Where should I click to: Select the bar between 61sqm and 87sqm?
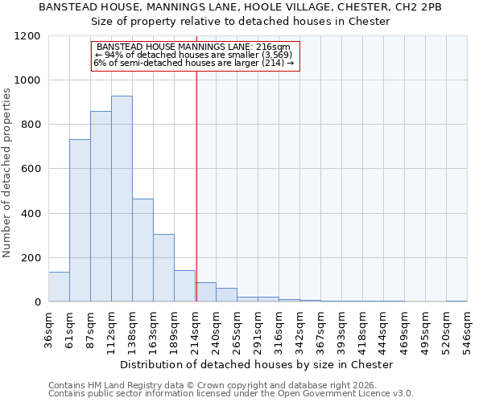tap(80, 220)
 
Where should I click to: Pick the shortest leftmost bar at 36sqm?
tap(59, 287)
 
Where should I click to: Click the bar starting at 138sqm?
tap(142, 250)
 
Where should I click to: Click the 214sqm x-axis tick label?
tap(195, 329)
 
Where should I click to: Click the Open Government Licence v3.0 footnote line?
tap(231, 393)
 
